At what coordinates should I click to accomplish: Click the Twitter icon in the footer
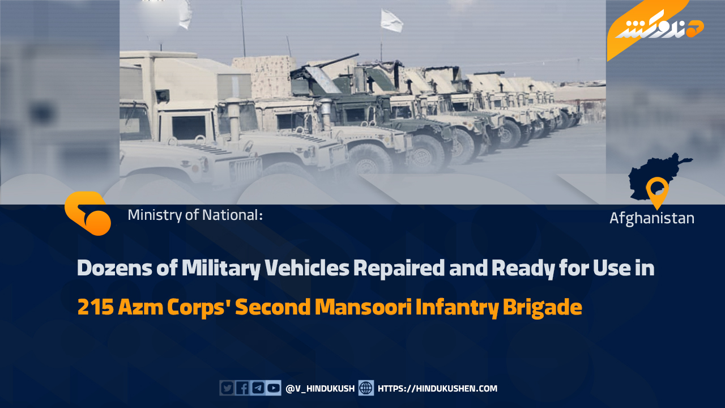[227, 388]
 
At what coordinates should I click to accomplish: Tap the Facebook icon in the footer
[242, 388]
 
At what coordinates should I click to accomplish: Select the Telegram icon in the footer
[258, 388]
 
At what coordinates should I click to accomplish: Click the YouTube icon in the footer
[274, 388]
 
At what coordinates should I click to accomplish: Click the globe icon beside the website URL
[366, 388]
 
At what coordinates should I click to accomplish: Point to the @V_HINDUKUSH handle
[320, 389]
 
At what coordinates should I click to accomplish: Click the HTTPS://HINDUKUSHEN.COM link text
[437, 389]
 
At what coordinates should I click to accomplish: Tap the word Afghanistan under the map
[652, 218]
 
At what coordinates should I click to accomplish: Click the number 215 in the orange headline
[96, 307]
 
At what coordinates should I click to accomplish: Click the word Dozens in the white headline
[114, 268]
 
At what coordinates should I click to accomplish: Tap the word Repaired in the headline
[398, 269]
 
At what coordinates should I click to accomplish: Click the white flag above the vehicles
[391, 20]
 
